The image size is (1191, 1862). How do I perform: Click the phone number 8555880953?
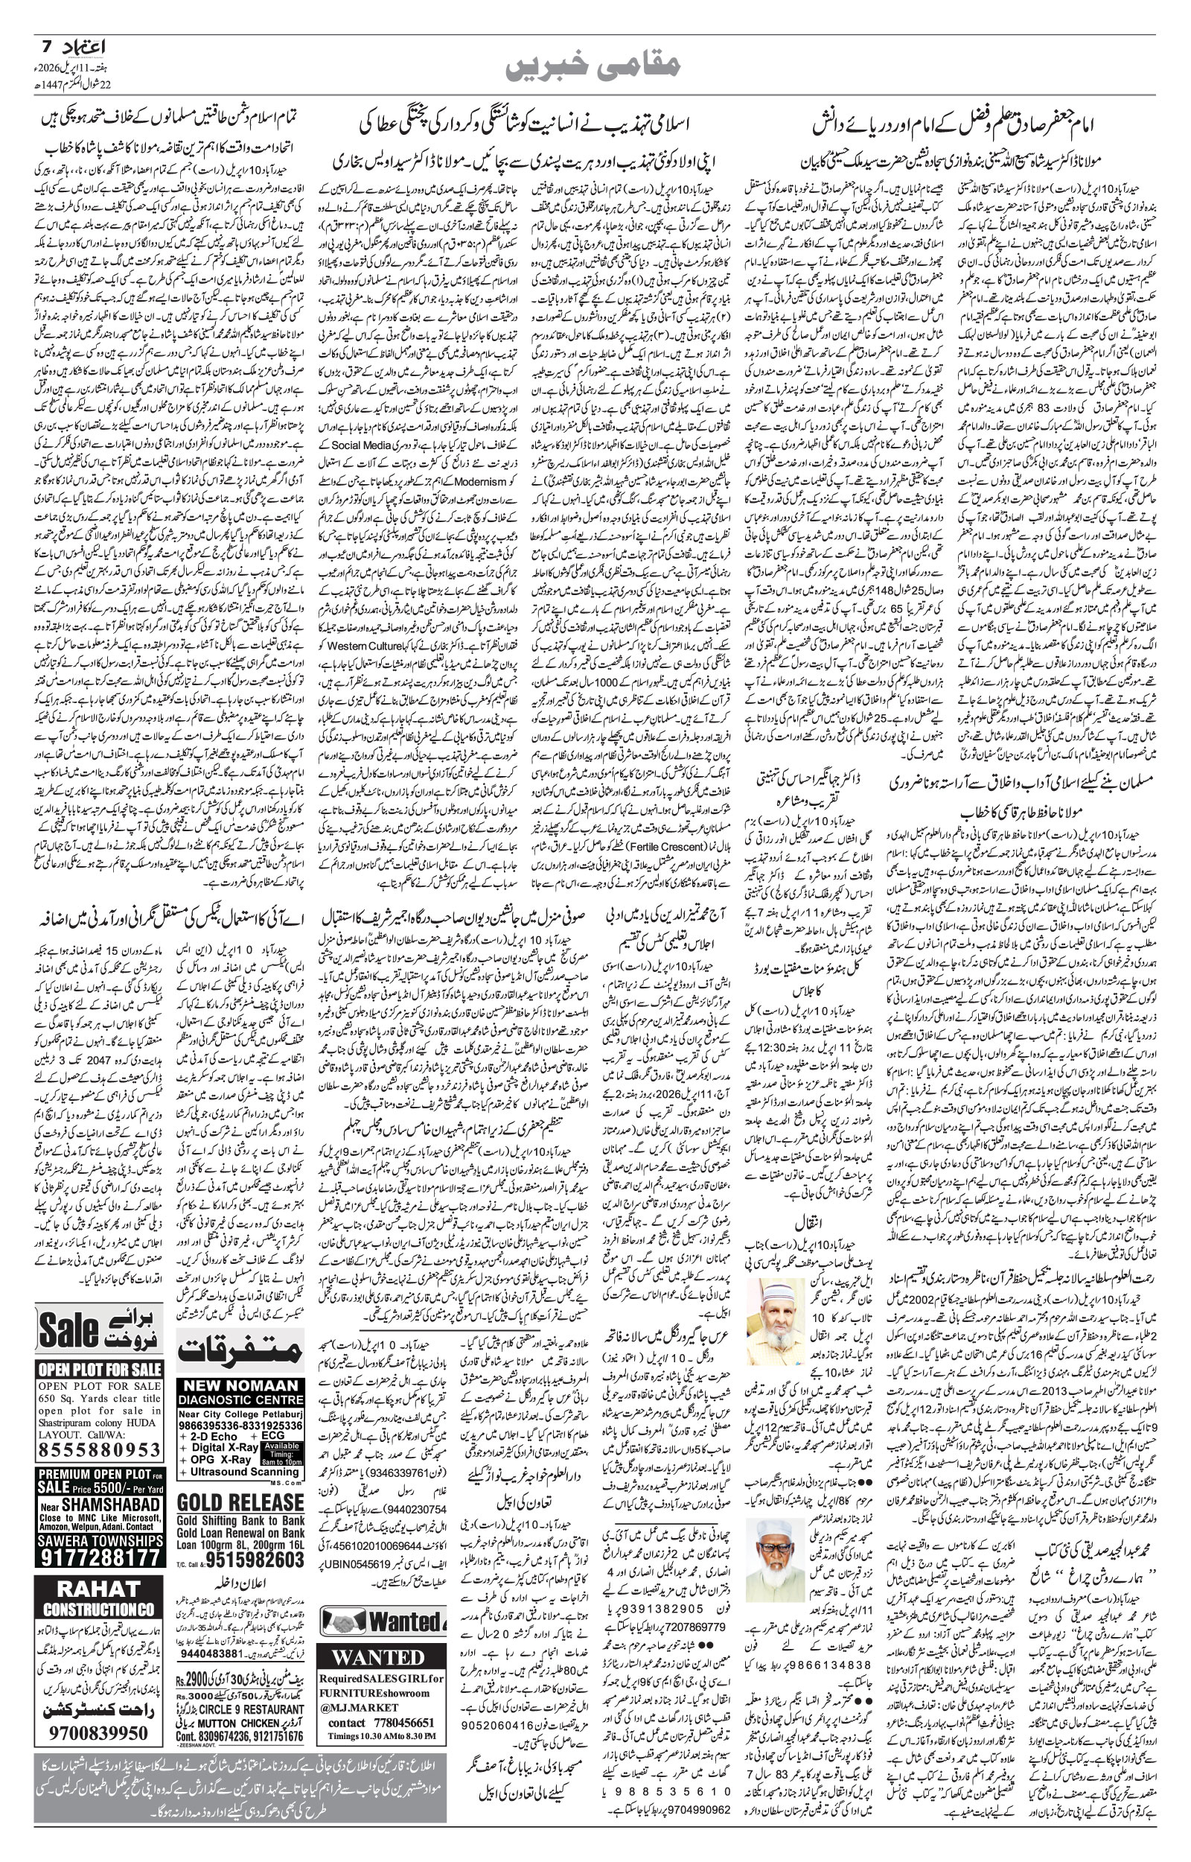tap(100, 1449)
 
